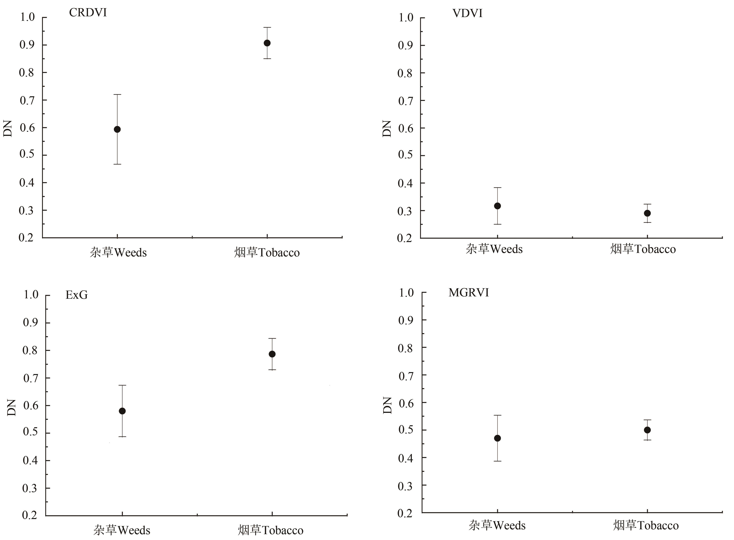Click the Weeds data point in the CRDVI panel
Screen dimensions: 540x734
(x=117, y=129)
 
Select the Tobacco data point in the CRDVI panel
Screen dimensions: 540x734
(x=267, y=43)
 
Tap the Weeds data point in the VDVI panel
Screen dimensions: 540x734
(x=497, y=206)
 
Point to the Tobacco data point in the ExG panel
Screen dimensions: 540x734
(x=272, y=354)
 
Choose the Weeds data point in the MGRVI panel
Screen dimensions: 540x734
(x=497, y=438)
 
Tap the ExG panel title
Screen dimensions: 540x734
(x=77, y=295)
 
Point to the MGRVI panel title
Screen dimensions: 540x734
(x=469, y=293)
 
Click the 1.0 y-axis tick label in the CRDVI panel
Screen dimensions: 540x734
(x=27, y=17)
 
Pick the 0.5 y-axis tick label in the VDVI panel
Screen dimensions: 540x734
(x=405, y=155)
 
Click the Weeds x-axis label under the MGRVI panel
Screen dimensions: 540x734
(x=497, y=525)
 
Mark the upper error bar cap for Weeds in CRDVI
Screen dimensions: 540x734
(x=117, y=95)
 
